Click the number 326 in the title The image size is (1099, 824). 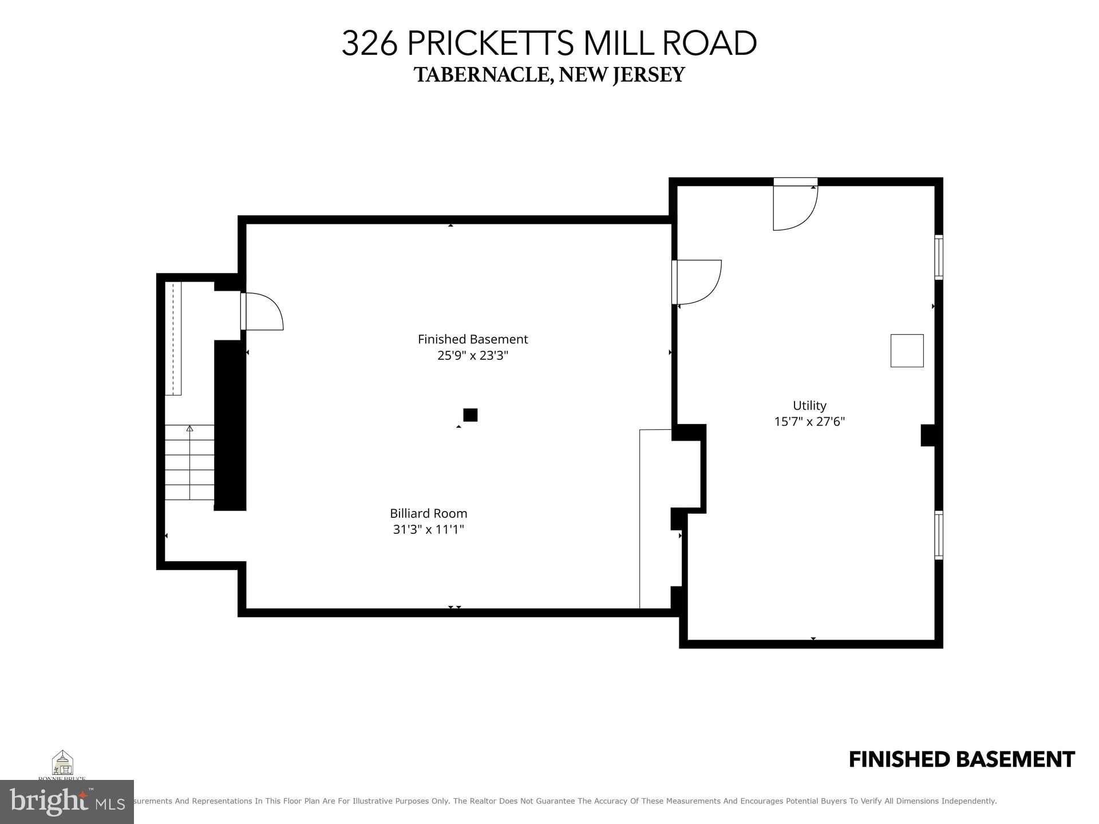tap(369, 43)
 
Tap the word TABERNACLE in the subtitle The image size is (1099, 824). tap(482, 75)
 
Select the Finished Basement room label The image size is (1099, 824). tap(473, 339)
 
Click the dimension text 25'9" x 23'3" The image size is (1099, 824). tap(473, 355)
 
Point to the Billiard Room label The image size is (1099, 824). tap(428, 513)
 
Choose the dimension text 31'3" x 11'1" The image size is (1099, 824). tap(428, 529)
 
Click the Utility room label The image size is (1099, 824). tap(809, 406)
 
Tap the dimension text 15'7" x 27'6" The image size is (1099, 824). tap(809, 422)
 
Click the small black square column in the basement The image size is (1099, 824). tap(470, 415)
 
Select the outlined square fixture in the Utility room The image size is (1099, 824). tap(907, 350)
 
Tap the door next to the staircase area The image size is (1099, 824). tap(262, 311)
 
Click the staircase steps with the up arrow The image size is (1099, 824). tap(189, 462)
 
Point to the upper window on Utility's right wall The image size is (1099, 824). tap(939, 257)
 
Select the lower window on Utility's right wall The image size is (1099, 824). tap(939, 534)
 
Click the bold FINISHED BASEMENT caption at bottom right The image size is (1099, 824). tap(961, 759)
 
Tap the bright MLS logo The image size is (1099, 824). tap(67, 802)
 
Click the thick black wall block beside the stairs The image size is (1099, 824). tap(230, 425)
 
